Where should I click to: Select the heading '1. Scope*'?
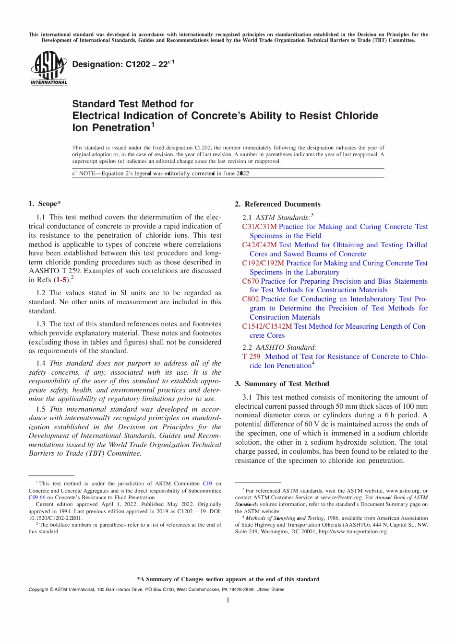45,204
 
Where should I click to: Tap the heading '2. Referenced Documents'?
277,204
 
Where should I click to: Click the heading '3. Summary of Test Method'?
282,384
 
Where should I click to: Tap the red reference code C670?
251,281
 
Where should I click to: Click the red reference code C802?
251,299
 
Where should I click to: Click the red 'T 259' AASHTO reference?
252,356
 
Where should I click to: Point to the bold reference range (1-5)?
61,280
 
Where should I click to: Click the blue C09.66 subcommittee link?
37,497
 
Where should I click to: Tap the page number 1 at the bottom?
228,600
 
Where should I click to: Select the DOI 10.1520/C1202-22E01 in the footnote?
55,518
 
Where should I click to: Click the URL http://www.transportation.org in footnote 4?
353,531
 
